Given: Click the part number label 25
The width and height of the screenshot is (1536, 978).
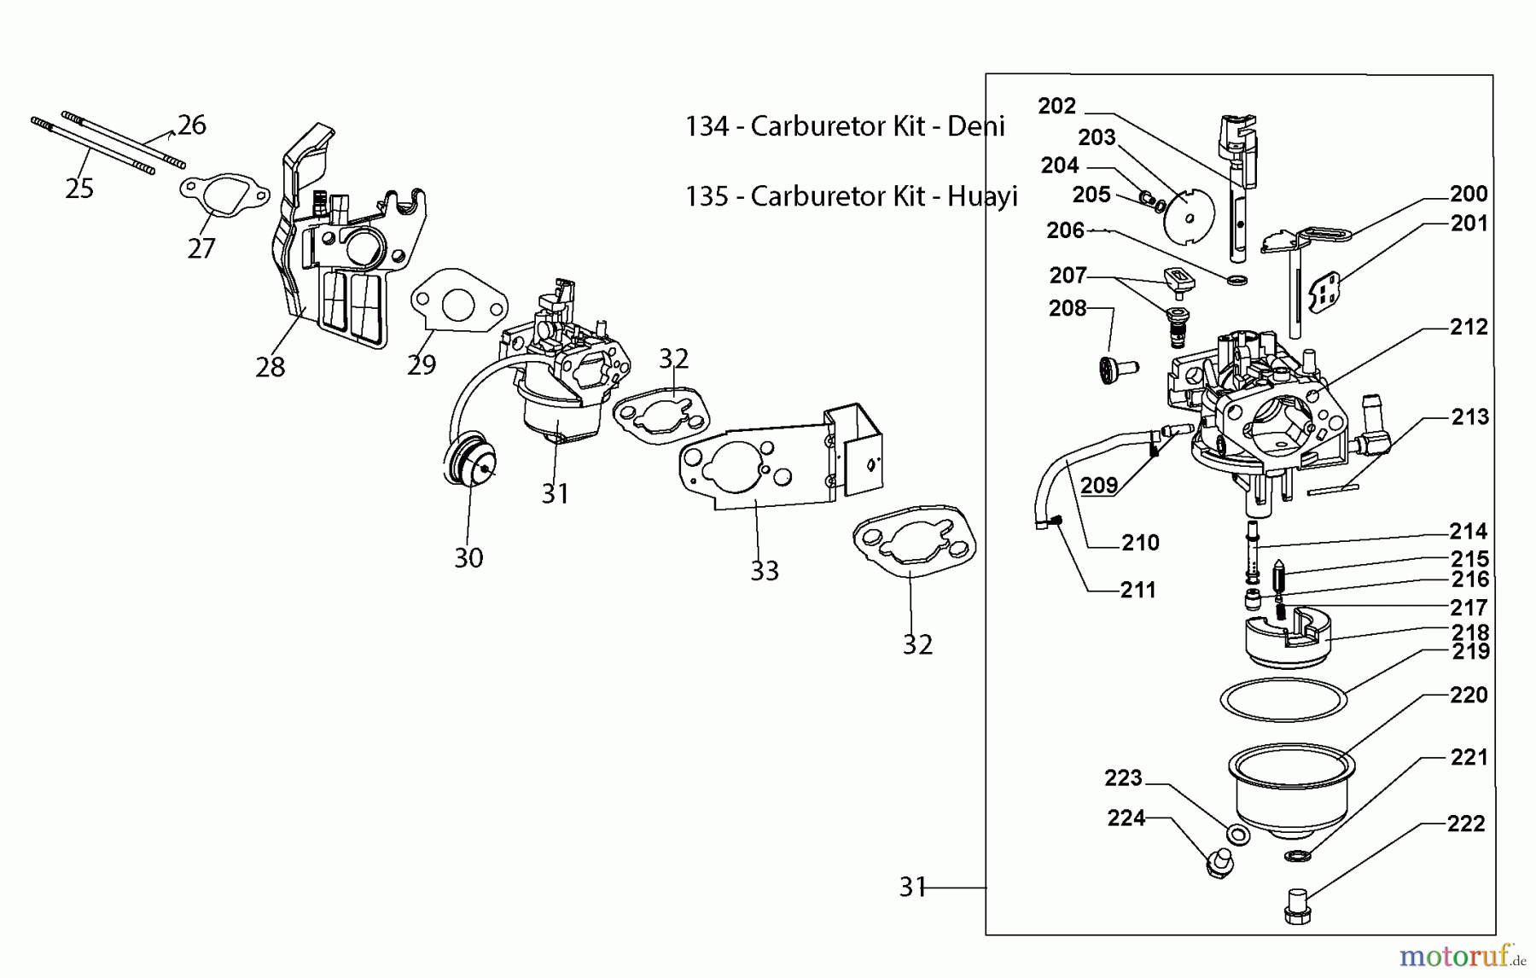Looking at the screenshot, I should click(79, 189).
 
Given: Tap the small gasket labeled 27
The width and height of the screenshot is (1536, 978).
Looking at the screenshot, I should click(224, 196).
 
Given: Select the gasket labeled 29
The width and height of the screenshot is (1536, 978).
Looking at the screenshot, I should click(458, 304).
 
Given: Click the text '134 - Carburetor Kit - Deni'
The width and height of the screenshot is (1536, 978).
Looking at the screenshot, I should click(845, 126).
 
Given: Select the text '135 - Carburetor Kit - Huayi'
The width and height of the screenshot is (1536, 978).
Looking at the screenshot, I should click(851, 196).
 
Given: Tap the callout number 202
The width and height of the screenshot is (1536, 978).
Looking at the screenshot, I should click(1056, 107).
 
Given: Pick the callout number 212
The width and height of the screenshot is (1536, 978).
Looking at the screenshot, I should click(1468, 327).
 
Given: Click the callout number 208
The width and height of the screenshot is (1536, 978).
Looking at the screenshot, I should click(1068, 309).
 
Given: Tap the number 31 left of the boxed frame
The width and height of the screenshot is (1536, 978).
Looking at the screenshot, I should click(912, 888).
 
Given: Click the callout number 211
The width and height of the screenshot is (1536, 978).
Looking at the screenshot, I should click(1137, 590).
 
